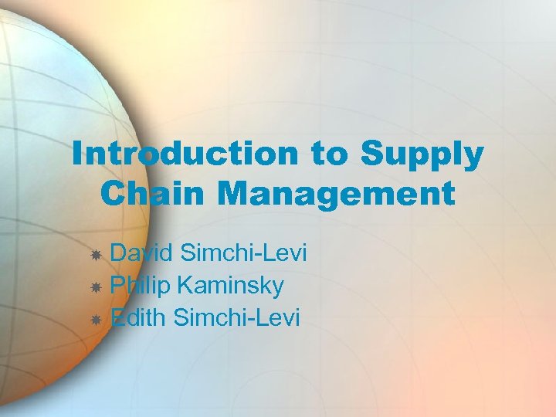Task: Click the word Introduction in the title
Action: (184, 154)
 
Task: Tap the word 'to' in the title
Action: (331, 154)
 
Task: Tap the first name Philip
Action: (139, 286)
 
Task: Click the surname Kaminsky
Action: (229, 286)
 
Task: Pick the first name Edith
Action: (139, 317)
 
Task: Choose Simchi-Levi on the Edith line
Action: (236, 317)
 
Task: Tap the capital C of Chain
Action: (113, 193)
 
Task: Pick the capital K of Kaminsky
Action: (185, 286)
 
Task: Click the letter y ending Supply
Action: (473, 158)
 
